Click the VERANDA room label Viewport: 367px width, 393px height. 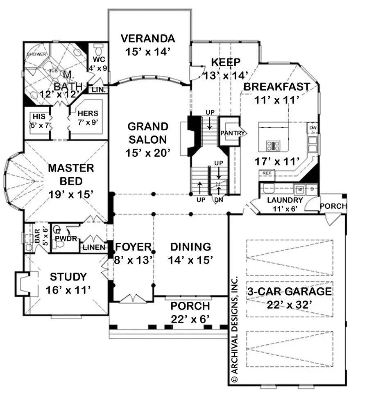point(148,39)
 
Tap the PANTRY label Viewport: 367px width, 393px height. point(232,133)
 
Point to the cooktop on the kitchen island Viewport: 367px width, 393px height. point(273,145)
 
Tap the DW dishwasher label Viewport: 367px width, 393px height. point(313,128)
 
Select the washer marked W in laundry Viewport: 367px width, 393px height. point(299,190)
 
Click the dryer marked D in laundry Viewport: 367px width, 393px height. point(313,190)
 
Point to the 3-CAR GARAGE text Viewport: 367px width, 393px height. point(289,292)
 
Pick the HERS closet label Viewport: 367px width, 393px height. point(88,113)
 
